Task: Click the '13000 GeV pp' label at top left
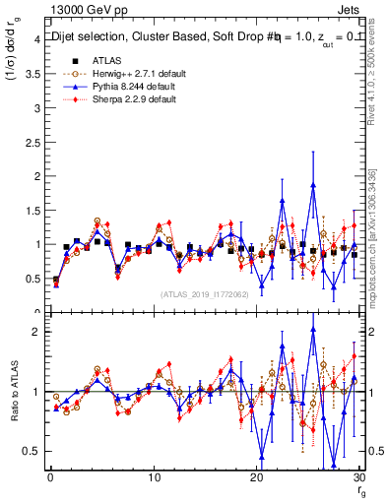[83, 9]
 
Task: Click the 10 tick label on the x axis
[154, 477]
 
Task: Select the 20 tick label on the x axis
[257, 477]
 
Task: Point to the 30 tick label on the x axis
[359, 477]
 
